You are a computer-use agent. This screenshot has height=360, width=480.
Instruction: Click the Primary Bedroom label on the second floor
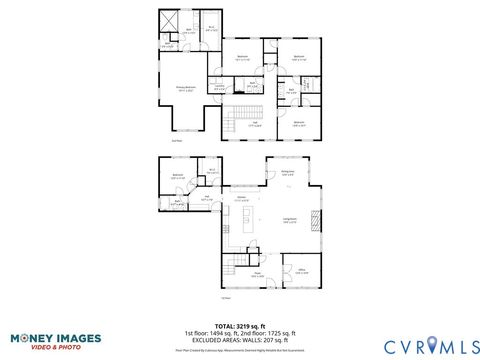(x=186, y=89)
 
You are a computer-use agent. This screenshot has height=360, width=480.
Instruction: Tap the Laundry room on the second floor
(x=219, y=87)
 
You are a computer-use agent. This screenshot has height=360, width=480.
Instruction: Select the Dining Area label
(x=287, y=173)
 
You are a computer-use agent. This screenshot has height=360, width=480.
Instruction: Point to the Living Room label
(x=290, y=221)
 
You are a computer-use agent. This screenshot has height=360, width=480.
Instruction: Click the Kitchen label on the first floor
(x=241, y=199)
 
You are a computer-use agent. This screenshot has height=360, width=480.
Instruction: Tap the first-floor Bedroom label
(x=178, y=177)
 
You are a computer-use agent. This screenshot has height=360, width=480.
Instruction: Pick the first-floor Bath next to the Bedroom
(x=177, y=203)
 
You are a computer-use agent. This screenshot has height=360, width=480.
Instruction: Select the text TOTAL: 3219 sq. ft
(x=240, y=326)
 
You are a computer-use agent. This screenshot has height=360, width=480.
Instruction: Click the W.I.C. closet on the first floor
(x=212, y=172)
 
